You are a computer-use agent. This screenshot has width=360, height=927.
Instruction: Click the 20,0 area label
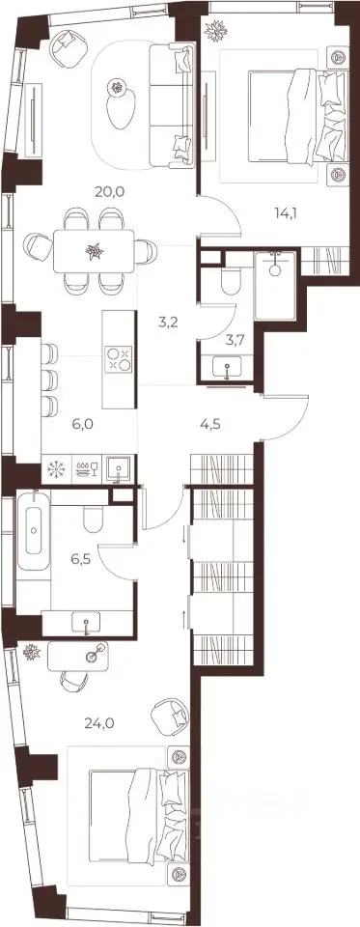pyautogui.click(x=109, y=191)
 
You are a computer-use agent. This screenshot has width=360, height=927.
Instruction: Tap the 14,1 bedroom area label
pyautogui.click(x=285, y=212)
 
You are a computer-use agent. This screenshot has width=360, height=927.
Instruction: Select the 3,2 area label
pyautogui.click(x=169, y=323)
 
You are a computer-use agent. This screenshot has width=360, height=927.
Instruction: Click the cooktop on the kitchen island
pyautogui.click(x=118, y=359)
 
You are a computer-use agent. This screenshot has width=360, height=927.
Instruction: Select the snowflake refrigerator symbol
pyautogui.click(x=57, y=470)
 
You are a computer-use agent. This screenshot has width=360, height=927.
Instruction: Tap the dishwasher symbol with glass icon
pyautogui.click(x=86, y=470)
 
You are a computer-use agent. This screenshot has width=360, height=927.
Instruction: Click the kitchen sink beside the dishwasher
pyautogui.click(x=120, y=470)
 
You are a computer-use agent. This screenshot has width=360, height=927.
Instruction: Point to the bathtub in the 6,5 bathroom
pyautogui.click(x=33, y=530)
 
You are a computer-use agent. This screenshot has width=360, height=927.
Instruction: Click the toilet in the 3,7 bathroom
pyautogui.click(x=230, y=282)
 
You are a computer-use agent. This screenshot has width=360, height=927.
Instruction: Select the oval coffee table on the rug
pyautogui.click(x=121, y=106)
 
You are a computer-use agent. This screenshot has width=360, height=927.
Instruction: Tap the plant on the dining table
pyautogui.click(x=94, y=251)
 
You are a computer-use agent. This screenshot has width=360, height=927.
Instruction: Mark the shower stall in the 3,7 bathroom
pyautogui.click(x=275, y=286)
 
